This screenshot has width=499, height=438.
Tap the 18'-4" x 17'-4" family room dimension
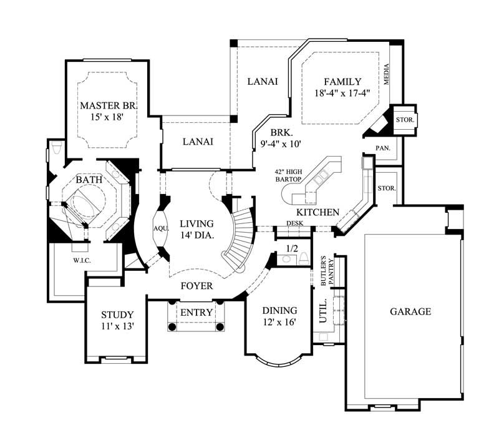coord(342,94)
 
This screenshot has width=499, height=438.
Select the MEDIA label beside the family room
coord(387,75)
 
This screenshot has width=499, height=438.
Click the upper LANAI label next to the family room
coord(262,82)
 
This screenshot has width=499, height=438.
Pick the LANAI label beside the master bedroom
coord(198,142)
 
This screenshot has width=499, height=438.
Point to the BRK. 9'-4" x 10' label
coord(281,138)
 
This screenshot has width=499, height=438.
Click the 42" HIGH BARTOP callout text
coord(288,175)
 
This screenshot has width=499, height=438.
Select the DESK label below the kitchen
coord(294,223)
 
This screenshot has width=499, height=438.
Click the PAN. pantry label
coord(383,148)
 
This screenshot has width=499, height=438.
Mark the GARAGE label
coord(410,311)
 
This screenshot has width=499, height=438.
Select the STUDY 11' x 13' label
coord(117,320)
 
